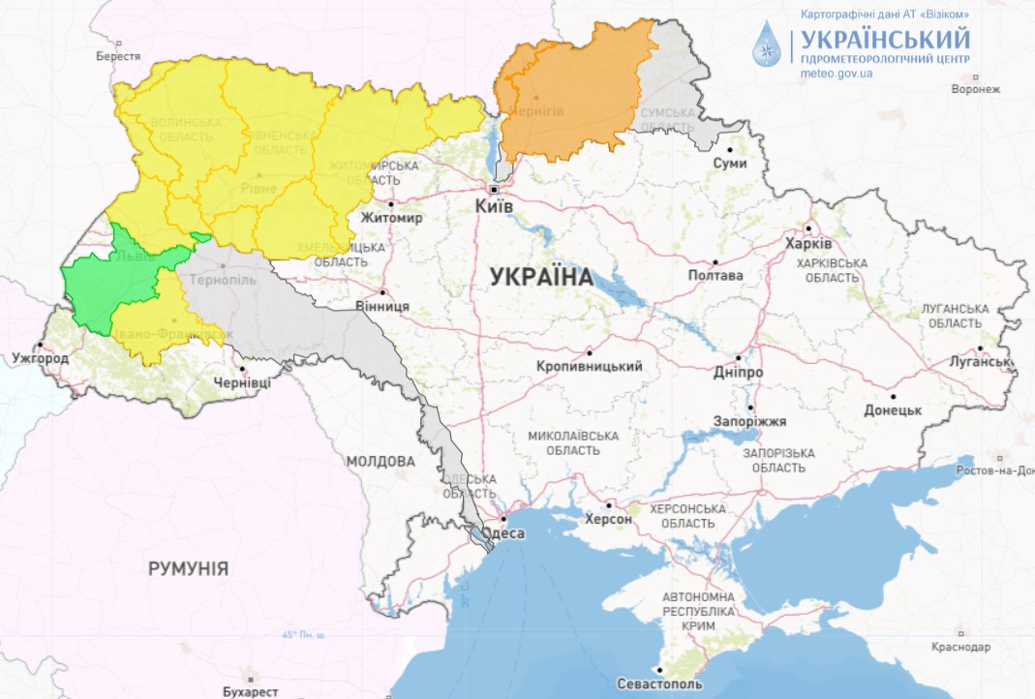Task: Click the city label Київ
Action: [494, 206]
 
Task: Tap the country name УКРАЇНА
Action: [541, 277]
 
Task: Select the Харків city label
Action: [807, 243]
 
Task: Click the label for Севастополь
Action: [659, 684]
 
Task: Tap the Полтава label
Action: [715, 275]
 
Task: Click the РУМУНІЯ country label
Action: [188, 568]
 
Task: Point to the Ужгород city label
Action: [40, 359]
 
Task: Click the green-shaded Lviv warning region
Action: [111, 281]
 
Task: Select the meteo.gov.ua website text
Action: [837, 73]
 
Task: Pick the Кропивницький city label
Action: [590, 367]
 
